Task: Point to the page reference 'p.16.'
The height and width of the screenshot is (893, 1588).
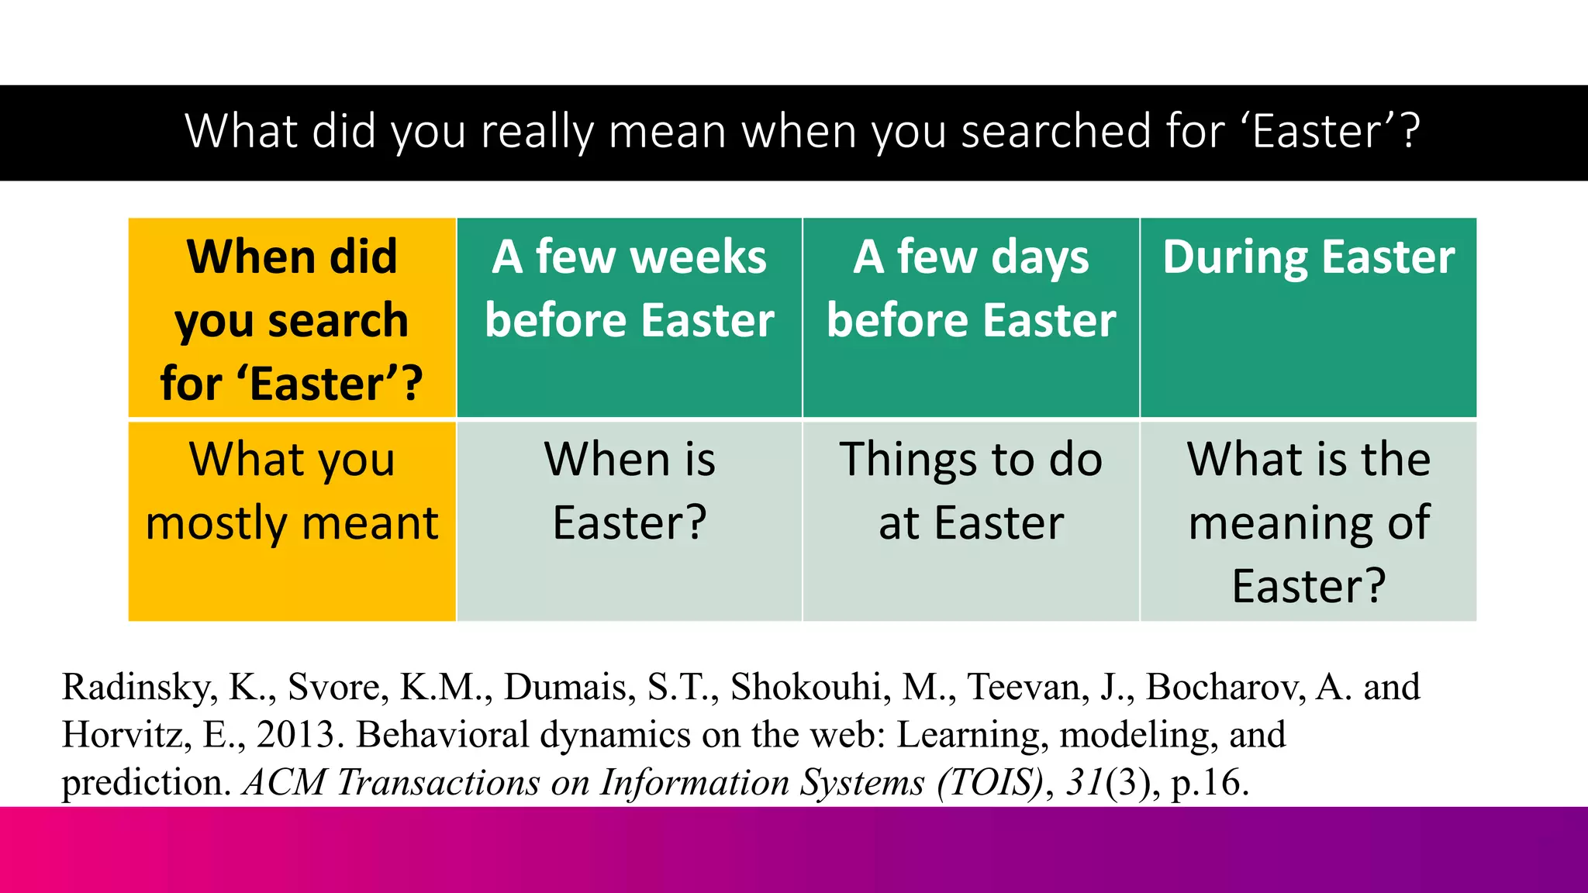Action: [1210, 782]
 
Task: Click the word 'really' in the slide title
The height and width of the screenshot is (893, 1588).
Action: [536, 131]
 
